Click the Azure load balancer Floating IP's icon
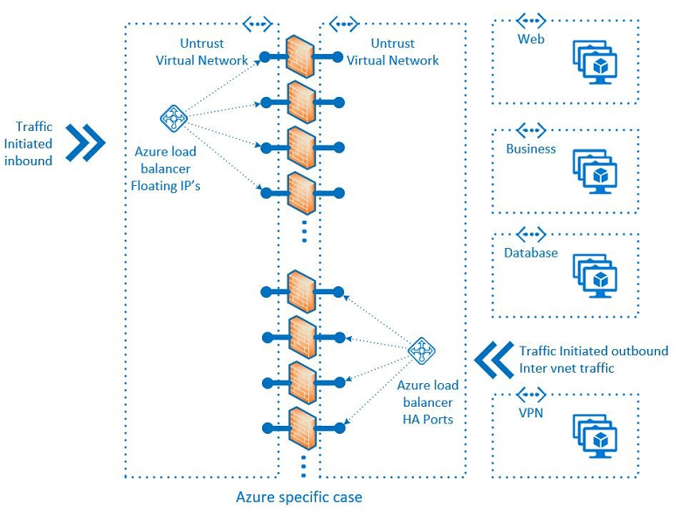[174, 117]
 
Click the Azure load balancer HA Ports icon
[422, 351]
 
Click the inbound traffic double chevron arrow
[86, 142]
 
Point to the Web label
[531, 39]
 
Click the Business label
[531, 148]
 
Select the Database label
[530, 253]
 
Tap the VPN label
[530, 412]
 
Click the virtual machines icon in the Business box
[595, 170]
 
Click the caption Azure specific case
[299, 498]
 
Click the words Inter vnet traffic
[566, 367]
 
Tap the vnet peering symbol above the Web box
[531, 20]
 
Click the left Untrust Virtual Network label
[202, 51]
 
